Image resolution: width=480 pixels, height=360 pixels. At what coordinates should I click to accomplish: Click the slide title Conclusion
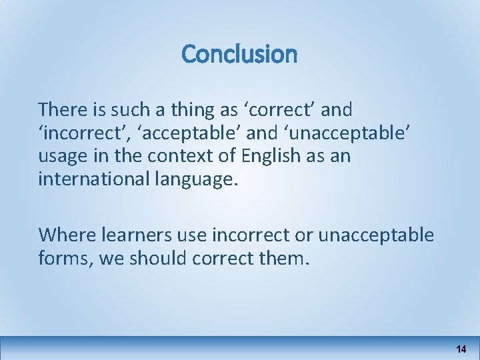tap(239, 54)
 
